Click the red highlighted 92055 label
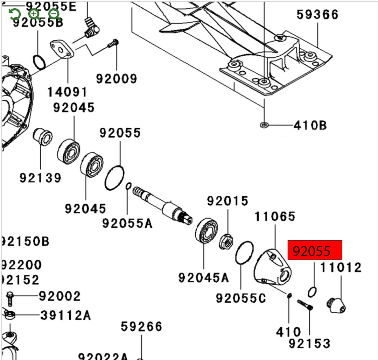314,250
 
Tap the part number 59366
317,15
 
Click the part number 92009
117,79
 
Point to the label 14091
67,92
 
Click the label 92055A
127,223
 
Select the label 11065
275,217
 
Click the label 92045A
203,277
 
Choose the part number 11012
341,268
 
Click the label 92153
309,344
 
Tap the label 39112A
65,315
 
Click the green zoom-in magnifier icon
34,14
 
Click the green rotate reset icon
14,14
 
